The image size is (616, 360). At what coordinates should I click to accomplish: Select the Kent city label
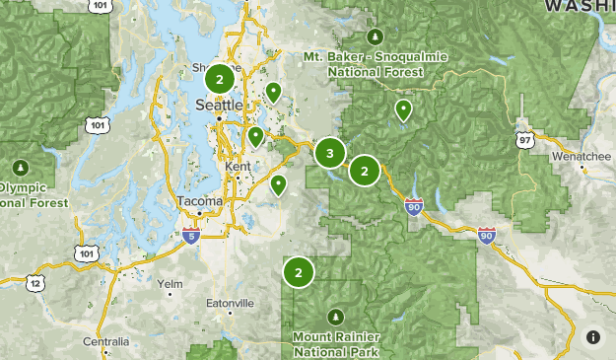(x=239, y=167)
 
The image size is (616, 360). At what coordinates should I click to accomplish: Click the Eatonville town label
(x=231, y=303)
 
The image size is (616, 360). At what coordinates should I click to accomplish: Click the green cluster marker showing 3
(x=329, y=153)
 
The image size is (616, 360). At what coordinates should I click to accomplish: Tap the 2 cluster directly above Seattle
(x=220, y=78)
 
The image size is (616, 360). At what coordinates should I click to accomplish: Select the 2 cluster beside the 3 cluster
(x=365, y=171)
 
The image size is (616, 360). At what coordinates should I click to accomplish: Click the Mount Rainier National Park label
(x=335, y=343)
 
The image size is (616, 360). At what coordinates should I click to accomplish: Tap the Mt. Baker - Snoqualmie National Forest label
(x=375, y=63)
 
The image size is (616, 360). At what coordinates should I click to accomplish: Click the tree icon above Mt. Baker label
(x=375, y=36)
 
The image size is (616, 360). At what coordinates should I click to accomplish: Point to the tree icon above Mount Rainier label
(x=335, y=317)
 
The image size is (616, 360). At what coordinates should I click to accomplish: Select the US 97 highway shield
(x=523, y=140)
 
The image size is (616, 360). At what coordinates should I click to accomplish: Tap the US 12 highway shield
(x=36, y=283)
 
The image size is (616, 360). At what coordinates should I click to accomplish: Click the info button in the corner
(x=593, y=337)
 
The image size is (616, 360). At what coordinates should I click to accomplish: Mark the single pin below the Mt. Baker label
(x=402, y=109)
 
